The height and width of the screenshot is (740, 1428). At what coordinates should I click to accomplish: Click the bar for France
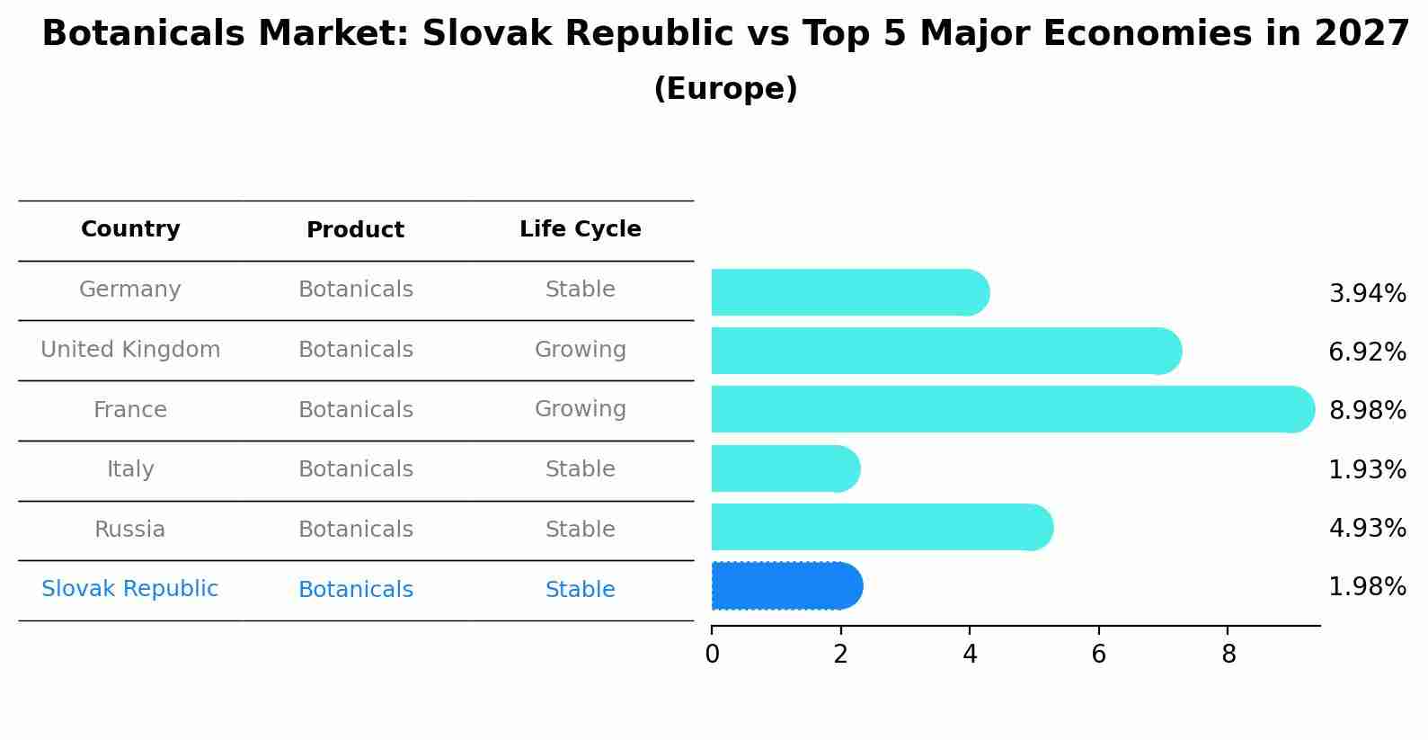1012,409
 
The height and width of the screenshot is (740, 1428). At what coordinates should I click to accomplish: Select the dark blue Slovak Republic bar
786,586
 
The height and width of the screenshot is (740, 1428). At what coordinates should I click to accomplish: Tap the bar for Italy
785,468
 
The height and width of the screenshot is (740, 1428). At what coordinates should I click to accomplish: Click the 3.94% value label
1367,294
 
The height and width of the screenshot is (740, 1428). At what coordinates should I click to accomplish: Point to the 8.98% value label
1367,411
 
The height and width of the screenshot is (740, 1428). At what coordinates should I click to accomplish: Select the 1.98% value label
1367,587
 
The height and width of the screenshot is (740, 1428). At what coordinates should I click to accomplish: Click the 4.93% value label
1367,529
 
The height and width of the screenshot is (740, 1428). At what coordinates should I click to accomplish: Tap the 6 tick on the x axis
1098,655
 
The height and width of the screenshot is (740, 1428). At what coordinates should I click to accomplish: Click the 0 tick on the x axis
712,655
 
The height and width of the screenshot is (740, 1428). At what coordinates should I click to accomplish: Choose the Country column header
130,229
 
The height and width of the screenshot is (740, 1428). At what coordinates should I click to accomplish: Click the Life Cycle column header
580,229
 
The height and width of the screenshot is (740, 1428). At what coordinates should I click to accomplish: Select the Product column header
355,230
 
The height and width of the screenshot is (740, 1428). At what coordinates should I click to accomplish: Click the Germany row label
130,290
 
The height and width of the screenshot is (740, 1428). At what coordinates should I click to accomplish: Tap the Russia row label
130,530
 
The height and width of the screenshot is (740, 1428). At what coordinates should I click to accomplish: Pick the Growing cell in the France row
580,409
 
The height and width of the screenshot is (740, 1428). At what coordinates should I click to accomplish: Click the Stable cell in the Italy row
580,469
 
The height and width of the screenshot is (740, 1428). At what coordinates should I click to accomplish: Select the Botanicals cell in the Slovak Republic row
355,590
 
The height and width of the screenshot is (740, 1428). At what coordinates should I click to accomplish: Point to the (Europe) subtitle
725,89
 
